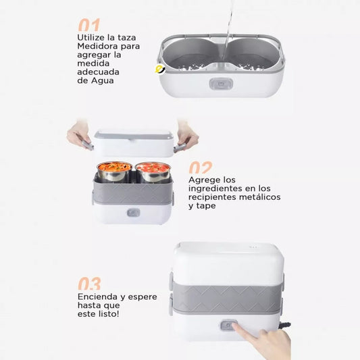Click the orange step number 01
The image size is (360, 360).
89,25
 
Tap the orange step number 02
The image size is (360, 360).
201,168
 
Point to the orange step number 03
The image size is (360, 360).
90,284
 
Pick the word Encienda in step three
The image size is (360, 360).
97,297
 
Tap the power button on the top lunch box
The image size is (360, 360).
221,84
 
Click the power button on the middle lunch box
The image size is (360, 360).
133,213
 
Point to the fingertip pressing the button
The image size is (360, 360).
235,326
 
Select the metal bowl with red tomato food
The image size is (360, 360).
153,172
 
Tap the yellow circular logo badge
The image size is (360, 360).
160,70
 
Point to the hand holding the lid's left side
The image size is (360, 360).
79,136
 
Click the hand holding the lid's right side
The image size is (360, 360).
186,136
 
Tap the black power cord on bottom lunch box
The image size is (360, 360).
285,326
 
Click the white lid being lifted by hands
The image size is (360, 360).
134,144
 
